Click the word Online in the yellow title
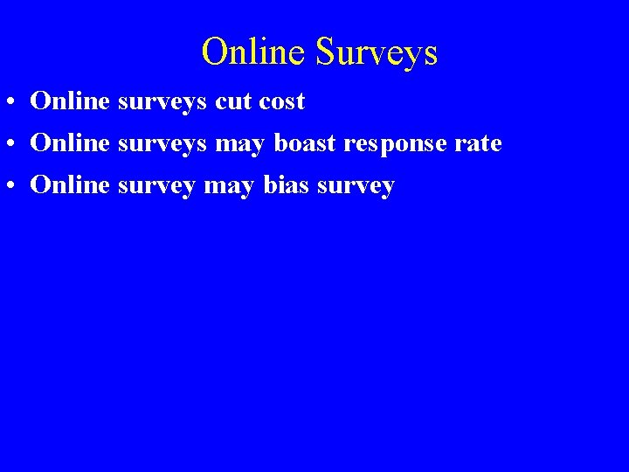click(254, 52)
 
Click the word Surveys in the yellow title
click(377, 52)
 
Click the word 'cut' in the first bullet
click(232, 101)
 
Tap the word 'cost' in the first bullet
click(281, 101)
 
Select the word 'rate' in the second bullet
click(479, 143)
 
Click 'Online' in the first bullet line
click(70, 101)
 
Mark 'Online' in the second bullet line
click(70, 143)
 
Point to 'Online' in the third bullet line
click(70, 185)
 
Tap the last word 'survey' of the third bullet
click(358, 185)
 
